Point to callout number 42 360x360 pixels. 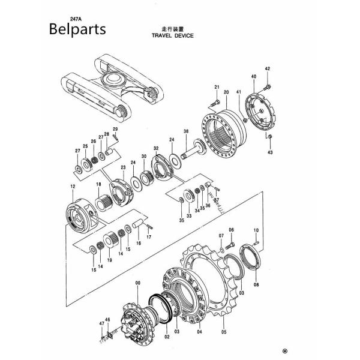[268, 69]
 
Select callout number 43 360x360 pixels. [270, 153]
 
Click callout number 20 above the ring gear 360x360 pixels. [226, 92]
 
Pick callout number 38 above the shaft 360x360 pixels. [186, 131]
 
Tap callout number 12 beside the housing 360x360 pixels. [72, 187]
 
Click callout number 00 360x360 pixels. [137, 282]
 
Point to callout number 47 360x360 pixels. [101, 323]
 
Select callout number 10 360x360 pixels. [256, 230]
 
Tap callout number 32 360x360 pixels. [156, 148]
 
